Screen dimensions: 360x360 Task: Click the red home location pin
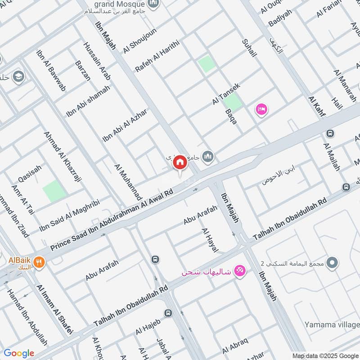(x=180, y=162)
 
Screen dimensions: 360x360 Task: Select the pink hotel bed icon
(x=261, y=109)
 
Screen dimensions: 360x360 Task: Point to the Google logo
(x=19, y=353)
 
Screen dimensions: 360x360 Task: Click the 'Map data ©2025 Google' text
(x=324, y=355)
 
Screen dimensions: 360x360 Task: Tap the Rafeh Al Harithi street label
(x=157, y=56)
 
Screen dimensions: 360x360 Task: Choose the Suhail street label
(x=249, y=48)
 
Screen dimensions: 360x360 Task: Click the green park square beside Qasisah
(x=54, y=191)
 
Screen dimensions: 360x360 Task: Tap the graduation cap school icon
(x=18, y=76)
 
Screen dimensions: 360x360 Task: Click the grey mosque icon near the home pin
(x=207, y=157)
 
